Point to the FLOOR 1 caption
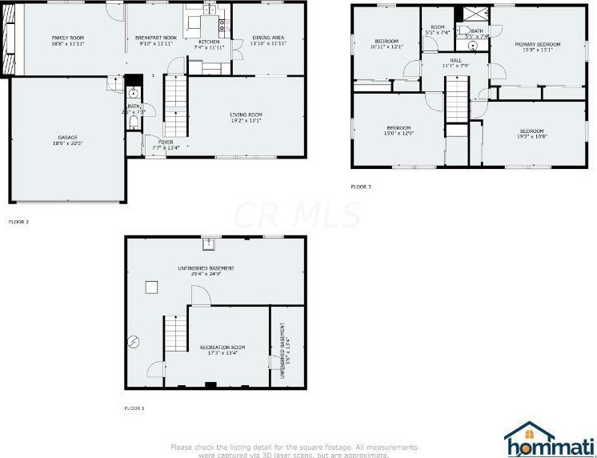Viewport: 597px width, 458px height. [134, 408]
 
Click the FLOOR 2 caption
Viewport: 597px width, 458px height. [18, 221]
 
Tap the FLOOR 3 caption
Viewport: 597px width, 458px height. [361, 187]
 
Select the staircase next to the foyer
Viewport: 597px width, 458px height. [175, 103]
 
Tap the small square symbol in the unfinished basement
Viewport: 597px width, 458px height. [150, 287]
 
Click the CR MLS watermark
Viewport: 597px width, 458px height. [297, 215]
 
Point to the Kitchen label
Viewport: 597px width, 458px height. [209, 44]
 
